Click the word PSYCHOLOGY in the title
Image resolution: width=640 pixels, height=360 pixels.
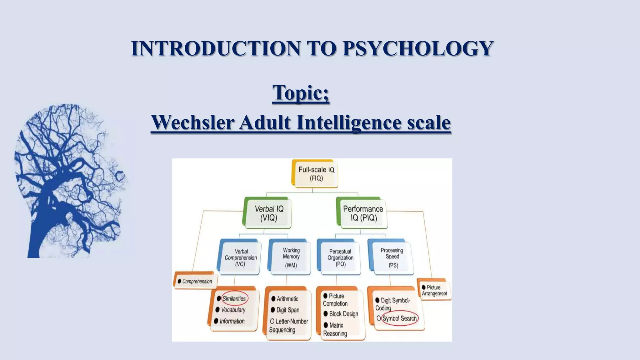(418, 48)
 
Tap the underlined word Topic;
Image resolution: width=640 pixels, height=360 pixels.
(301, 92)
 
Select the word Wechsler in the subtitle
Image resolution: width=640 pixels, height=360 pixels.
(192, 122)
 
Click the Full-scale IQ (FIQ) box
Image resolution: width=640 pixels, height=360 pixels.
(316, 174)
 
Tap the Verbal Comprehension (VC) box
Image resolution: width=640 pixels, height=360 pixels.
(240, 257)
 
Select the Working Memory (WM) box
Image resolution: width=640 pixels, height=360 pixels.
(291, 257)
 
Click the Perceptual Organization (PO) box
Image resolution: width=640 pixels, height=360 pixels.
(340, 257)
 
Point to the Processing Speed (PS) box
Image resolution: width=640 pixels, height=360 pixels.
(392, 257)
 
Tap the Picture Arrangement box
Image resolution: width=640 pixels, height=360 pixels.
(434, 290)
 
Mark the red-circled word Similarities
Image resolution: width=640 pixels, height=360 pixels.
(234, 298)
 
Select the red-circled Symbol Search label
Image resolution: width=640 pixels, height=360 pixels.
(399, 318)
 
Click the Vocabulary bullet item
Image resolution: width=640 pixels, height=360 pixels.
(233, 310)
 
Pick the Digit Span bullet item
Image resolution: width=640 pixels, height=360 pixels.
(287, 310)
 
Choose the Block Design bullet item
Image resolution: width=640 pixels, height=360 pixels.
(343, 314)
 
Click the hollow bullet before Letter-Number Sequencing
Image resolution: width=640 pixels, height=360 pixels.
(272, 321)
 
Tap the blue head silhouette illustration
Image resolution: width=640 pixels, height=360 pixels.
(69, 181)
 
